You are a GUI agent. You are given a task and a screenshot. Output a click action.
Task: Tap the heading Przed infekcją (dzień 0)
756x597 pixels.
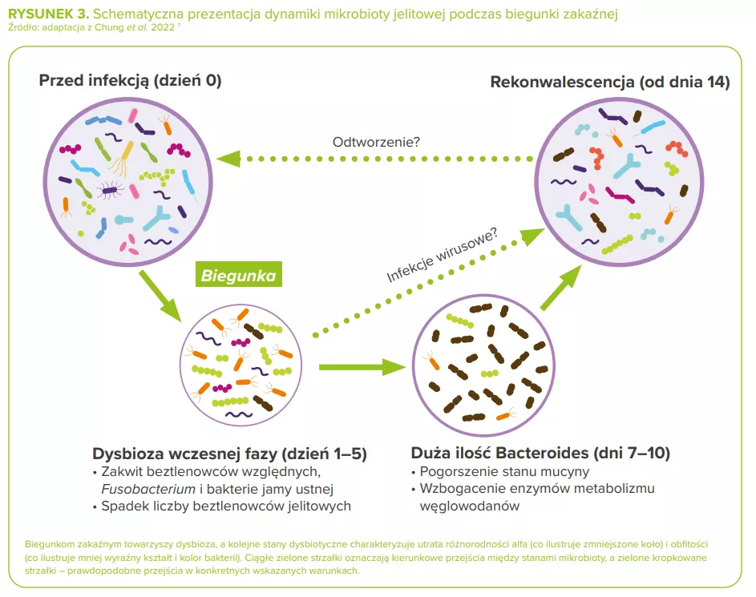click(x=130, y=81)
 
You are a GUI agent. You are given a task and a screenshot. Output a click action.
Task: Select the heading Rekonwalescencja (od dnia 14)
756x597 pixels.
click(x=610, y=82)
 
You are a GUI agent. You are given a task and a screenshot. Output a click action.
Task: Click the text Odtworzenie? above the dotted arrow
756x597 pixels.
click(x=376, y=142)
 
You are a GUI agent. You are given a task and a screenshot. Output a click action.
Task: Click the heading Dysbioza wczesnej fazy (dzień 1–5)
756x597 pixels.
click(x=229, y=454)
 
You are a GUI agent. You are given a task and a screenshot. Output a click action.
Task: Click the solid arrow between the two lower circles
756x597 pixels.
click(x=360, y=367)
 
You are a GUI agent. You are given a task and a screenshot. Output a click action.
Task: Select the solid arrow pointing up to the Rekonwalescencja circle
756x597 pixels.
click(x=560, y=288)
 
